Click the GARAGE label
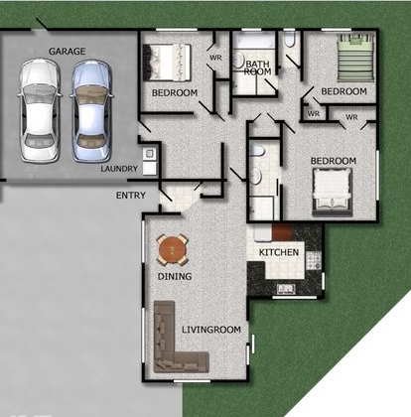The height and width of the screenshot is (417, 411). tap(67, 52)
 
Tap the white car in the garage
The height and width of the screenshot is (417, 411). tap(39, 111)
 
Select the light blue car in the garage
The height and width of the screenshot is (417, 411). tap(91, 111)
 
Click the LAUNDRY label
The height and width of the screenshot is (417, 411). tap(119, 169)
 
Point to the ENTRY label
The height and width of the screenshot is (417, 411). tap(131, 196)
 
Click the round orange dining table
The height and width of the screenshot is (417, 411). tap(173, 249)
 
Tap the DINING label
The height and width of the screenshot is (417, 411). tap(175, 276)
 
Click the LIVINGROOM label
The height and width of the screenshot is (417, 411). tap(211, 330)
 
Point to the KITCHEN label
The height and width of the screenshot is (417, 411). tap(279, 252)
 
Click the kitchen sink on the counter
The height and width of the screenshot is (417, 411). tap(286, 289)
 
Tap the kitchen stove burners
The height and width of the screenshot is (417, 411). tap(313, 260)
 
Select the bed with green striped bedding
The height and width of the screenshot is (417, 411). tap(355, 58)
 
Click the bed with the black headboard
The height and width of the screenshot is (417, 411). tap(167, 63)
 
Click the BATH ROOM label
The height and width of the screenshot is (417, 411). tap(257, 68)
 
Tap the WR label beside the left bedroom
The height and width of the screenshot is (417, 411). tap(215, 58)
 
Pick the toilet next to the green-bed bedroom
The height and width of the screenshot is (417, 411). tap(289, 39)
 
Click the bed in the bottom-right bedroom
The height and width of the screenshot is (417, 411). tap(332, 193)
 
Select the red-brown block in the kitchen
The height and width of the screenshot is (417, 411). tap(283, 232)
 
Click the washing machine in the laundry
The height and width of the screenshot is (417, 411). tap(150, 153)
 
